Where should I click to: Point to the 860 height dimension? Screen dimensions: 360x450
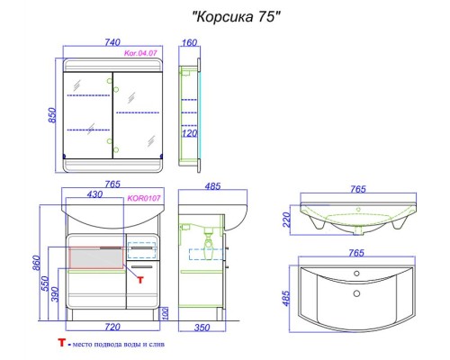pyautogui.click(x=36, y=263)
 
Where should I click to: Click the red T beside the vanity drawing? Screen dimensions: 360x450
pyautogui.click(x=139, y=278)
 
